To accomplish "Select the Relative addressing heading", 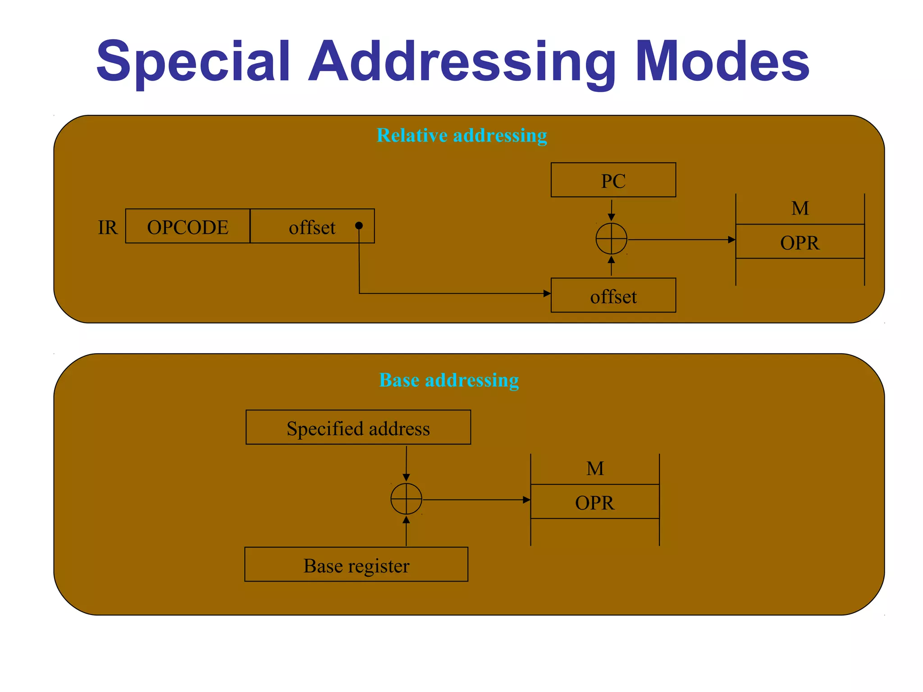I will coord(461,135).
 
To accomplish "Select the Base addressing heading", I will coord(449,380).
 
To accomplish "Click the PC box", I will coord(613,180).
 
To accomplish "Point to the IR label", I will coord(108,228).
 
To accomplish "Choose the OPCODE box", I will coord(187,227).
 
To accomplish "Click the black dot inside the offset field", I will coord(359,226).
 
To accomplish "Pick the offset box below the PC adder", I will coord(613,296).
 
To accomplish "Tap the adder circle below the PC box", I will coord(611,239).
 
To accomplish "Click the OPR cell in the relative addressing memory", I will coord(800,242).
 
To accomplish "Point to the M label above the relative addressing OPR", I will coord(800,209).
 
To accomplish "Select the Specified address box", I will coord(358,428).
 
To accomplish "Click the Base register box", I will coord(356,565).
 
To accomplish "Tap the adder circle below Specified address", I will coord(406,499).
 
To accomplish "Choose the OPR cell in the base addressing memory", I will coord(594,502).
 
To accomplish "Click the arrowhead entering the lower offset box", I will coord(547,294).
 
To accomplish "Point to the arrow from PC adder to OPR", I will coord(681,240).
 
